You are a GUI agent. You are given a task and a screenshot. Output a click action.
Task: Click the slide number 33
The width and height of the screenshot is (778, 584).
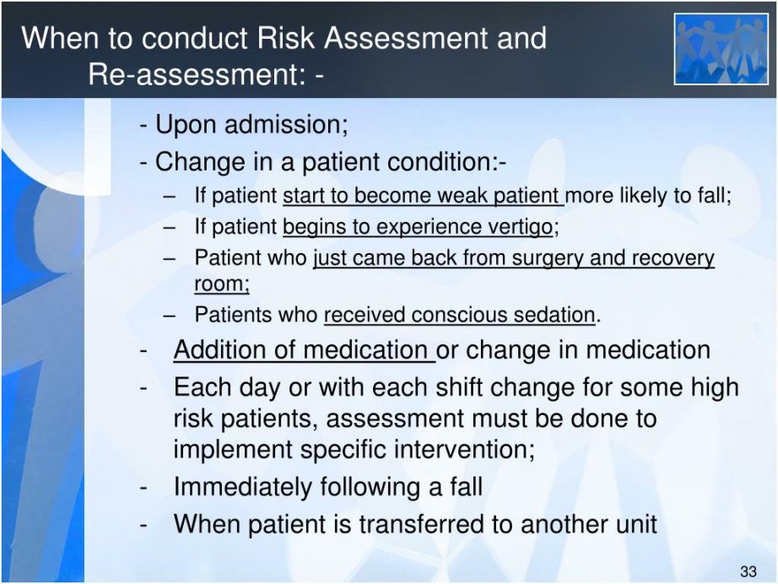coord(748,571)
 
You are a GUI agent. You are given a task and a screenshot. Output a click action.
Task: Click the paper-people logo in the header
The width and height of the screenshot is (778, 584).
coord(721,49)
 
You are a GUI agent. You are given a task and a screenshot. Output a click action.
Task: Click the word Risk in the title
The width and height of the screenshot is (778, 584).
coord(286,38)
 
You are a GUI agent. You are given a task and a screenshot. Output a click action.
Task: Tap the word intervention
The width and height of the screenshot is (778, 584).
coord(464,449)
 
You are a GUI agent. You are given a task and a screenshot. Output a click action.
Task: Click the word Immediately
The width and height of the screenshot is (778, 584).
coord(243,487)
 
